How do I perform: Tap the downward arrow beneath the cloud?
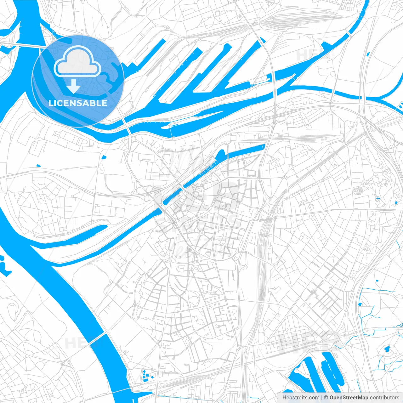(73, 86)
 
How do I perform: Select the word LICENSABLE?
(78, 103)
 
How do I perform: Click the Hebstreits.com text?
(301, 398)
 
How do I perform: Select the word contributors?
(384, 398)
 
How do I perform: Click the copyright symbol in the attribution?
(326, 398)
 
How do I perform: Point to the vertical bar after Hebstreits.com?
(322, 398)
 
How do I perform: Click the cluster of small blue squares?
(147, 375)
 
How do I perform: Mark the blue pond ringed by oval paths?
(387, 349)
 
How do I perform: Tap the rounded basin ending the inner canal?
(220, 154)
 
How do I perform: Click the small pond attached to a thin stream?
(360, 304)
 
